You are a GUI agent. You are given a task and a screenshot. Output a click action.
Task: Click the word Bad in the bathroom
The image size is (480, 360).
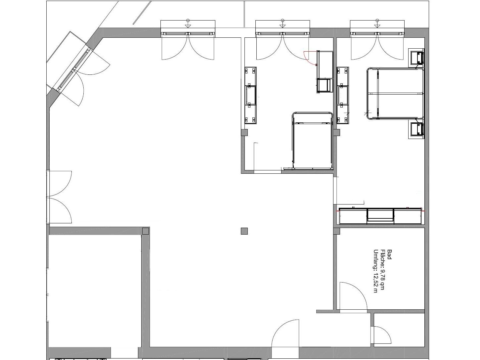tap(389, 254)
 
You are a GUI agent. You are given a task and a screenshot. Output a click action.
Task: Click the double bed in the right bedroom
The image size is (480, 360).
tap(395, 94)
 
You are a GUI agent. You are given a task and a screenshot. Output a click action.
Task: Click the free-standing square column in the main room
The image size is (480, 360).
tap(244, 231)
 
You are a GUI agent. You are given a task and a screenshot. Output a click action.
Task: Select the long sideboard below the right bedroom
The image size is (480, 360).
tap(380, 216)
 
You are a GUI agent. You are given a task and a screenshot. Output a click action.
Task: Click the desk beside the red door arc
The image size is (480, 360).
tap(325, 72)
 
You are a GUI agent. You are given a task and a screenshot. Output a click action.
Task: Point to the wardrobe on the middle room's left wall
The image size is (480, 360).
tap(251, 95)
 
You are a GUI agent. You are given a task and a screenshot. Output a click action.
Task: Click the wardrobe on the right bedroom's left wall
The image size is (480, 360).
tap(343, 95)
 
